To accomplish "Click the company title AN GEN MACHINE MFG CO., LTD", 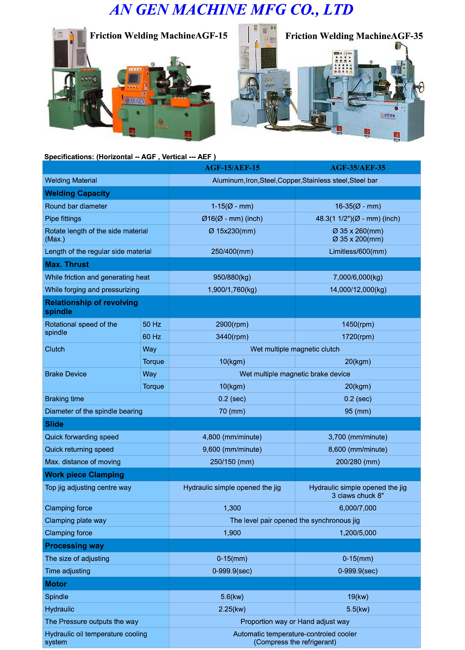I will click(231, 10).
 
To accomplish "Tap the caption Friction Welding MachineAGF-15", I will click(158, 36).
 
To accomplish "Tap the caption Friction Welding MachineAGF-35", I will click(354, 36).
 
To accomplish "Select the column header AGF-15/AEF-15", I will click(232, 168).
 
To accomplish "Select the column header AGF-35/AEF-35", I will click(358, 168).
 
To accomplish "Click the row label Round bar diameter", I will click(76, 206).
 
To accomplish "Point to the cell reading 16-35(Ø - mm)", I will click(358, 206).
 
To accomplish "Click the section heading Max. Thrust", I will click(67, 264).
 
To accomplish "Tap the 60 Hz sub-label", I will click(152, 337).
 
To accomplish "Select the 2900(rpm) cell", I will click(232, 324).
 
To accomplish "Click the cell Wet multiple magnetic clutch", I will click(295, 349).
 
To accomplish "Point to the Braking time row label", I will click(65, 399).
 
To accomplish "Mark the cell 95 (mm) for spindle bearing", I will click(358, 411).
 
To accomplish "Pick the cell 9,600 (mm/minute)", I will click(232, 450).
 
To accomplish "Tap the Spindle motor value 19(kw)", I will click(358, 597).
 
